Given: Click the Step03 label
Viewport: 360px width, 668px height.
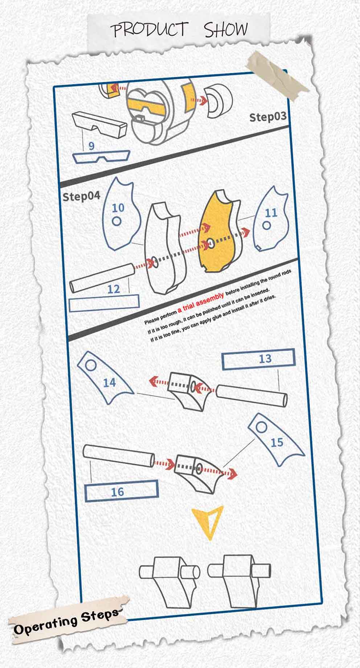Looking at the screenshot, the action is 267,117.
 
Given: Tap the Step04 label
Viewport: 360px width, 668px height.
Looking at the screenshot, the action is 81,196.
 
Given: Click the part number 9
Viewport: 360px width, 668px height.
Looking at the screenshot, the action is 91,146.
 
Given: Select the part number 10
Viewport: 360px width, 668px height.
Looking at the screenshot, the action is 118,208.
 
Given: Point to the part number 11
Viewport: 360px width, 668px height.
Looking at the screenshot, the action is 271,213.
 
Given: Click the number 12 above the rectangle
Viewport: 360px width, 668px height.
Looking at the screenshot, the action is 114,289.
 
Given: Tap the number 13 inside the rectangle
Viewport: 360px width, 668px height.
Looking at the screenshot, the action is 265,358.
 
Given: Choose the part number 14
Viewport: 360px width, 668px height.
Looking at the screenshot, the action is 109,382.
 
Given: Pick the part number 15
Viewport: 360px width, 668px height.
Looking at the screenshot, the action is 277,442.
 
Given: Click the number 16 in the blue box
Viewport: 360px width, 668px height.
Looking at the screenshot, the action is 117,492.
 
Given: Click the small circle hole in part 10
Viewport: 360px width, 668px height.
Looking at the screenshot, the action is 116,221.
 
